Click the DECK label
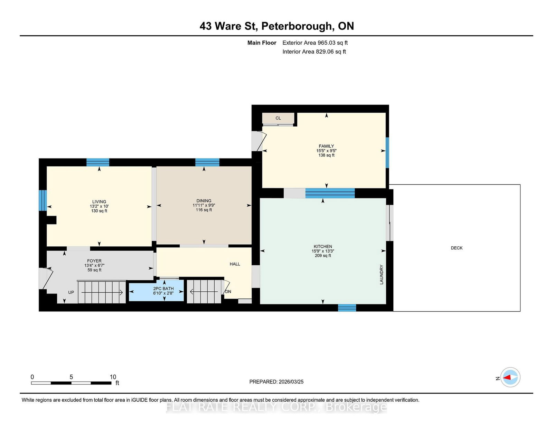457,248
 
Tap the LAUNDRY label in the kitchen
382,274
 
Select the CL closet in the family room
278,118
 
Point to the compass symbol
510,377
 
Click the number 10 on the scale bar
113,377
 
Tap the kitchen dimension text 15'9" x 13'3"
323,251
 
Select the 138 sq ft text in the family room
326,155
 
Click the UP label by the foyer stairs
71,292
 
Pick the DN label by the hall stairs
228,292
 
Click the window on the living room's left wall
43,200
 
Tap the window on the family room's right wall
387,153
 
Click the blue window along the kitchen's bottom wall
347,308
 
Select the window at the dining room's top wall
207,162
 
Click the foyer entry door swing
45,278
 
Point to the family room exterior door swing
259,141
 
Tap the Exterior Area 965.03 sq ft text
315,43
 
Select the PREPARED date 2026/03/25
290,382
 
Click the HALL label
235,264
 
